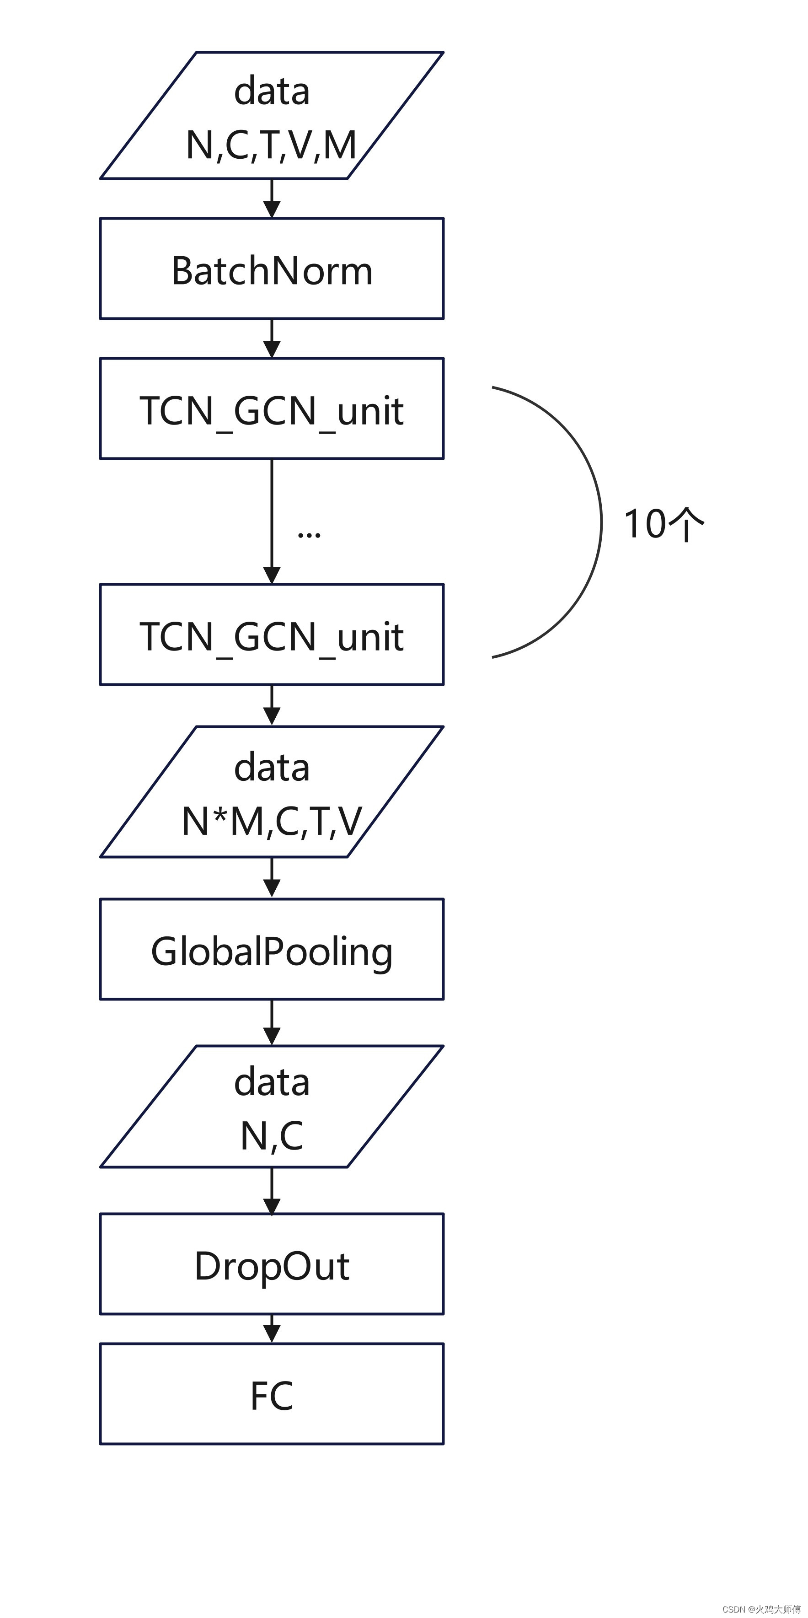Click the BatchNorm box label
pos(272,271)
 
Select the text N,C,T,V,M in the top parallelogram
pos(271,145)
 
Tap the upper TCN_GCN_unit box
pos(272,409)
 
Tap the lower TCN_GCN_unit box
pos(272,636)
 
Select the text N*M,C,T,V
pos(272,822)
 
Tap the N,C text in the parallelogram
pos(272,1135)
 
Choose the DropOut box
pos(272,1266)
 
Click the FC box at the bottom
pos(272,1396)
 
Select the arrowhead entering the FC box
pos(272,1333)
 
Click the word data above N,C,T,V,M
pos(272,91)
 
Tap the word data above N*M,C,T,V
pos(272,768)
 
